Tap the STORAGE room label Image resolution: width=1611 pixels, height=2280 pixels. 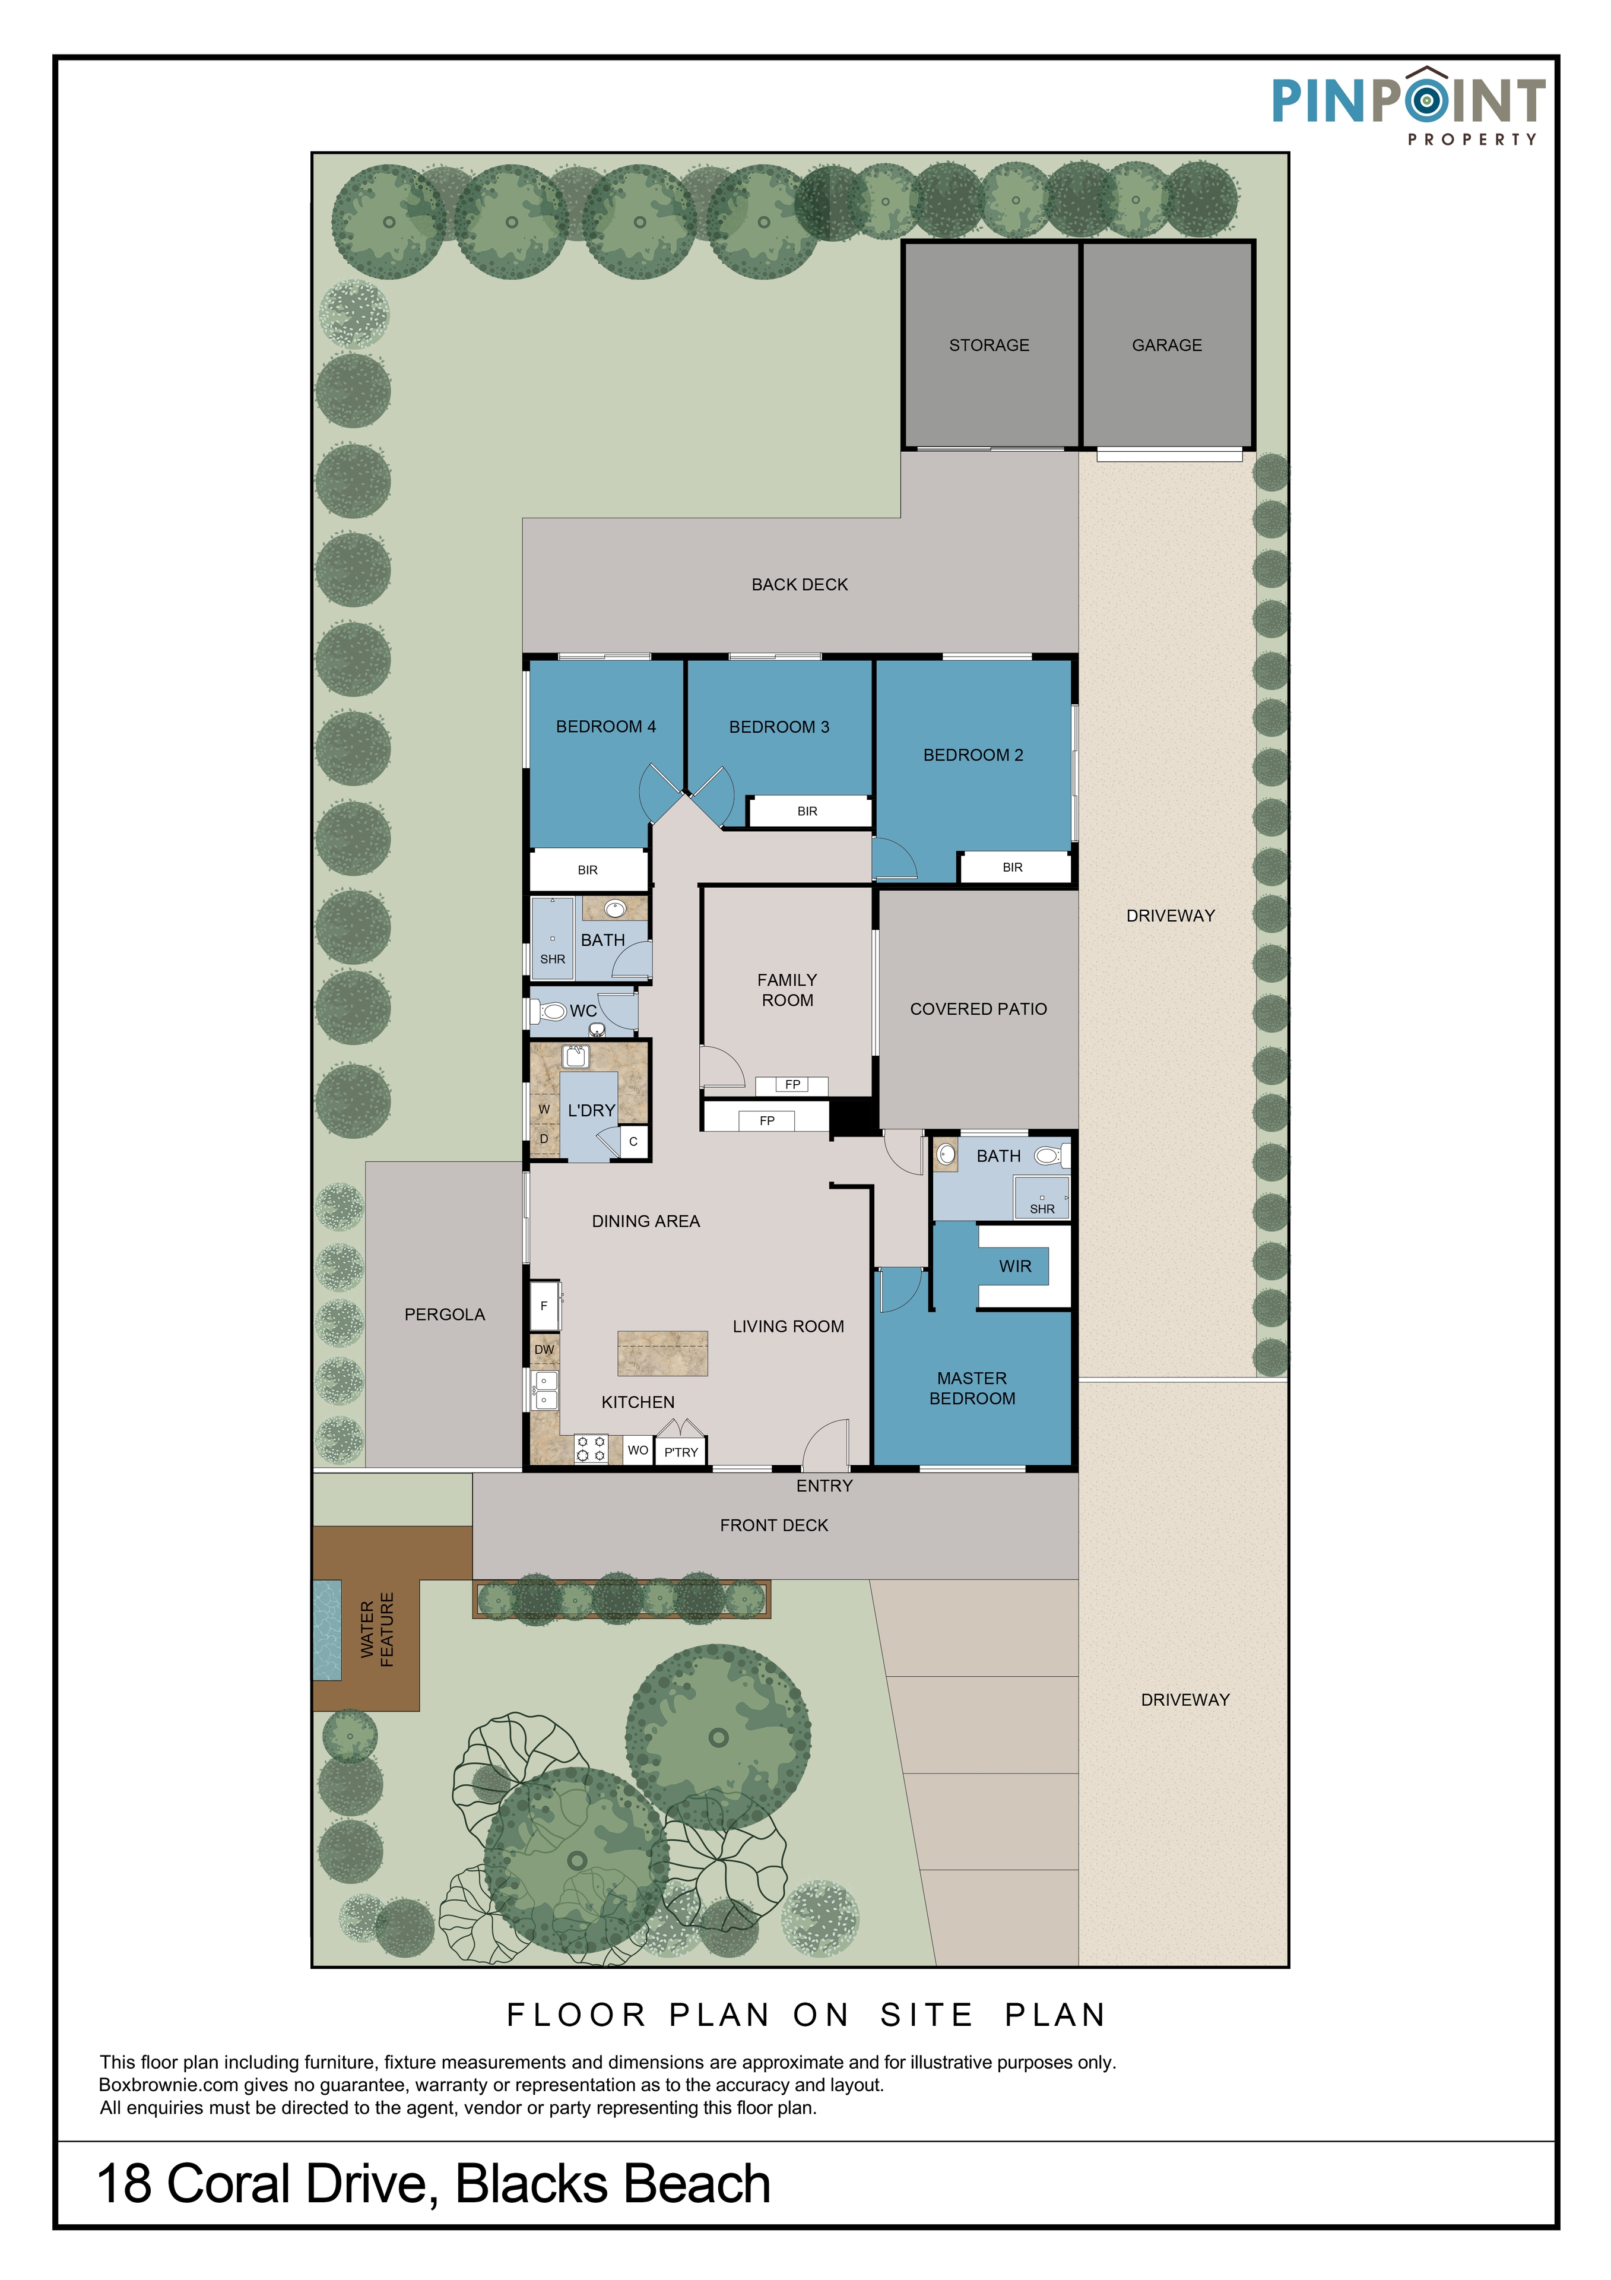pyautogui.click(x=989, y=346)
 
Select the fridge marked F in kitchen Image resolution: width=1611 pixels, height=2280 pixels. pyautogui.click(x=545, y=1306)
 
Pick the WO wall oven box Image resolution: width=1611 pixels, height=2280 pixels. pyautogui.click(x=638, y=1450)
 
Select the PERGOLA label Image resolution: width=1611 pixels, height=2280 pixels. pyautogui.click(x=445, y=1315)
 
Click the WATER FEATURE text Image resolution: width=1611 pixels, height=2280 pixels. pyautogui.click(x=377, y=1630)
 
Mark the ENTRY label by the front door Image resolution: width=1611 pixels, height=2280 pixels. pyautogui.click(x=824, y=1486)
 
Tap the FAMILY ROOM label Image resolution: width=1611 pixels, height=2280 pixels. pyautogui.click(x=787, y=990)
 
